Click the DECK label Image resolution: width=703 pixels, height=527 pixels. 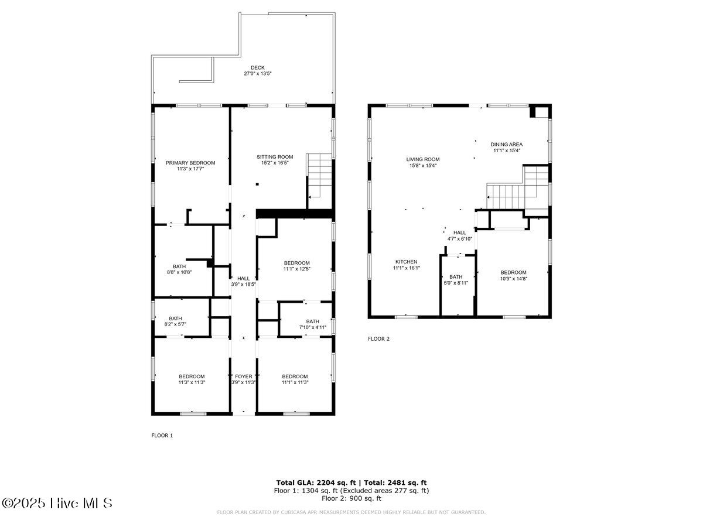coord(258,68)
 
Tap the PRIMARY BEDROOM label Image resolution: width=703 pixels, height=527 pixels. coord(190,163)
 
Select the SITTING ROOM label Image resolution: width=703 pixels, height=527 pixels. coord(275,157)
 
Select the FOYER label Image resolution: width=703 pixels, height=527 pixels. coord(244,377)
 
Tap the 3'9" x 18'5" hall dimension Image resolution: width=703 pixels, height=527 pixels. coord(243,285)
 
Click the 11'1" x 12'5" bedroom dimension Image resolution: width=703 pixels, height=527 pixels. coord(296,269)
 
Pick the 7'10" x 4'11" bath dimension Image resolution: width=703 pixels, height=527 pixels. coord(312,327)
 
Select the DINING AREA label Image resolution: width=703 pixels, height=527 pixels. coord(507,144)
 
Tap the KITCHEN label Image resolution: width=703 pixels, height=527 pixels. coord(406,262)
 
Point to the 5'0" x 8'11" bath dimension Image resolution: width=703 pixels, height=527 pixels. coord(456,283)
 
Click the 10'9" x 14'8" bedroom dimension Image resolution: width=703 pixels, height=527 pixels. coord(513,279)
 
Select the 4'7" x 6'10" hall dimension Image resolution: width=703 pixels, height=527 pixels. coord(459,239)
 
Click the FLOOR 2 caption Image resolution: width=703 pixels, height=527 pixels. coord(378,338)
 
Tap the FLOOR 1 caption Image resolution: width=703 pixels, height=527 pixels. coord(162,436)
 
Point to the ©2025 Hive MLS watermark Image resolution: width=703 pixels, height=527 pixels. coord(57,503)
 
